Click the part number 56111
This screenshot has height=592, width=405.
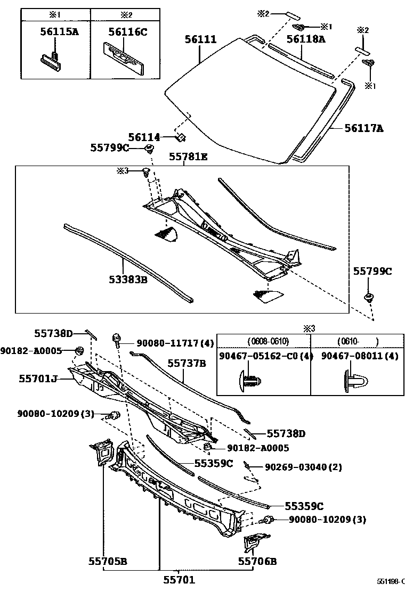[200, 39]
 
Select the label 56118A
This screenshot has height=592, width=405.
[305, 39]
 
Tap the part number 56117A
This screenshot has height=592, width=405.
[364, 128]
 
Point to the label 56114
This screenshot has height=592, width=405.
[144, 137]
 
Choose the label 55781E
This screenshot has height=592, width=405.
[188, 157]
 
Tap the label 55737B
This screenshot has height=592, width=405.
[187, 363]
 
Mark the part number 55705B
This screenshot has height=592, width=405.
[108, 561]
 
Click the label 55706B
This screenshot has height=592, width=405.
[258, 561]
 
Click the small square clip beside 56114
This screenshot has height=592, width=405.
[181, 137]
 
